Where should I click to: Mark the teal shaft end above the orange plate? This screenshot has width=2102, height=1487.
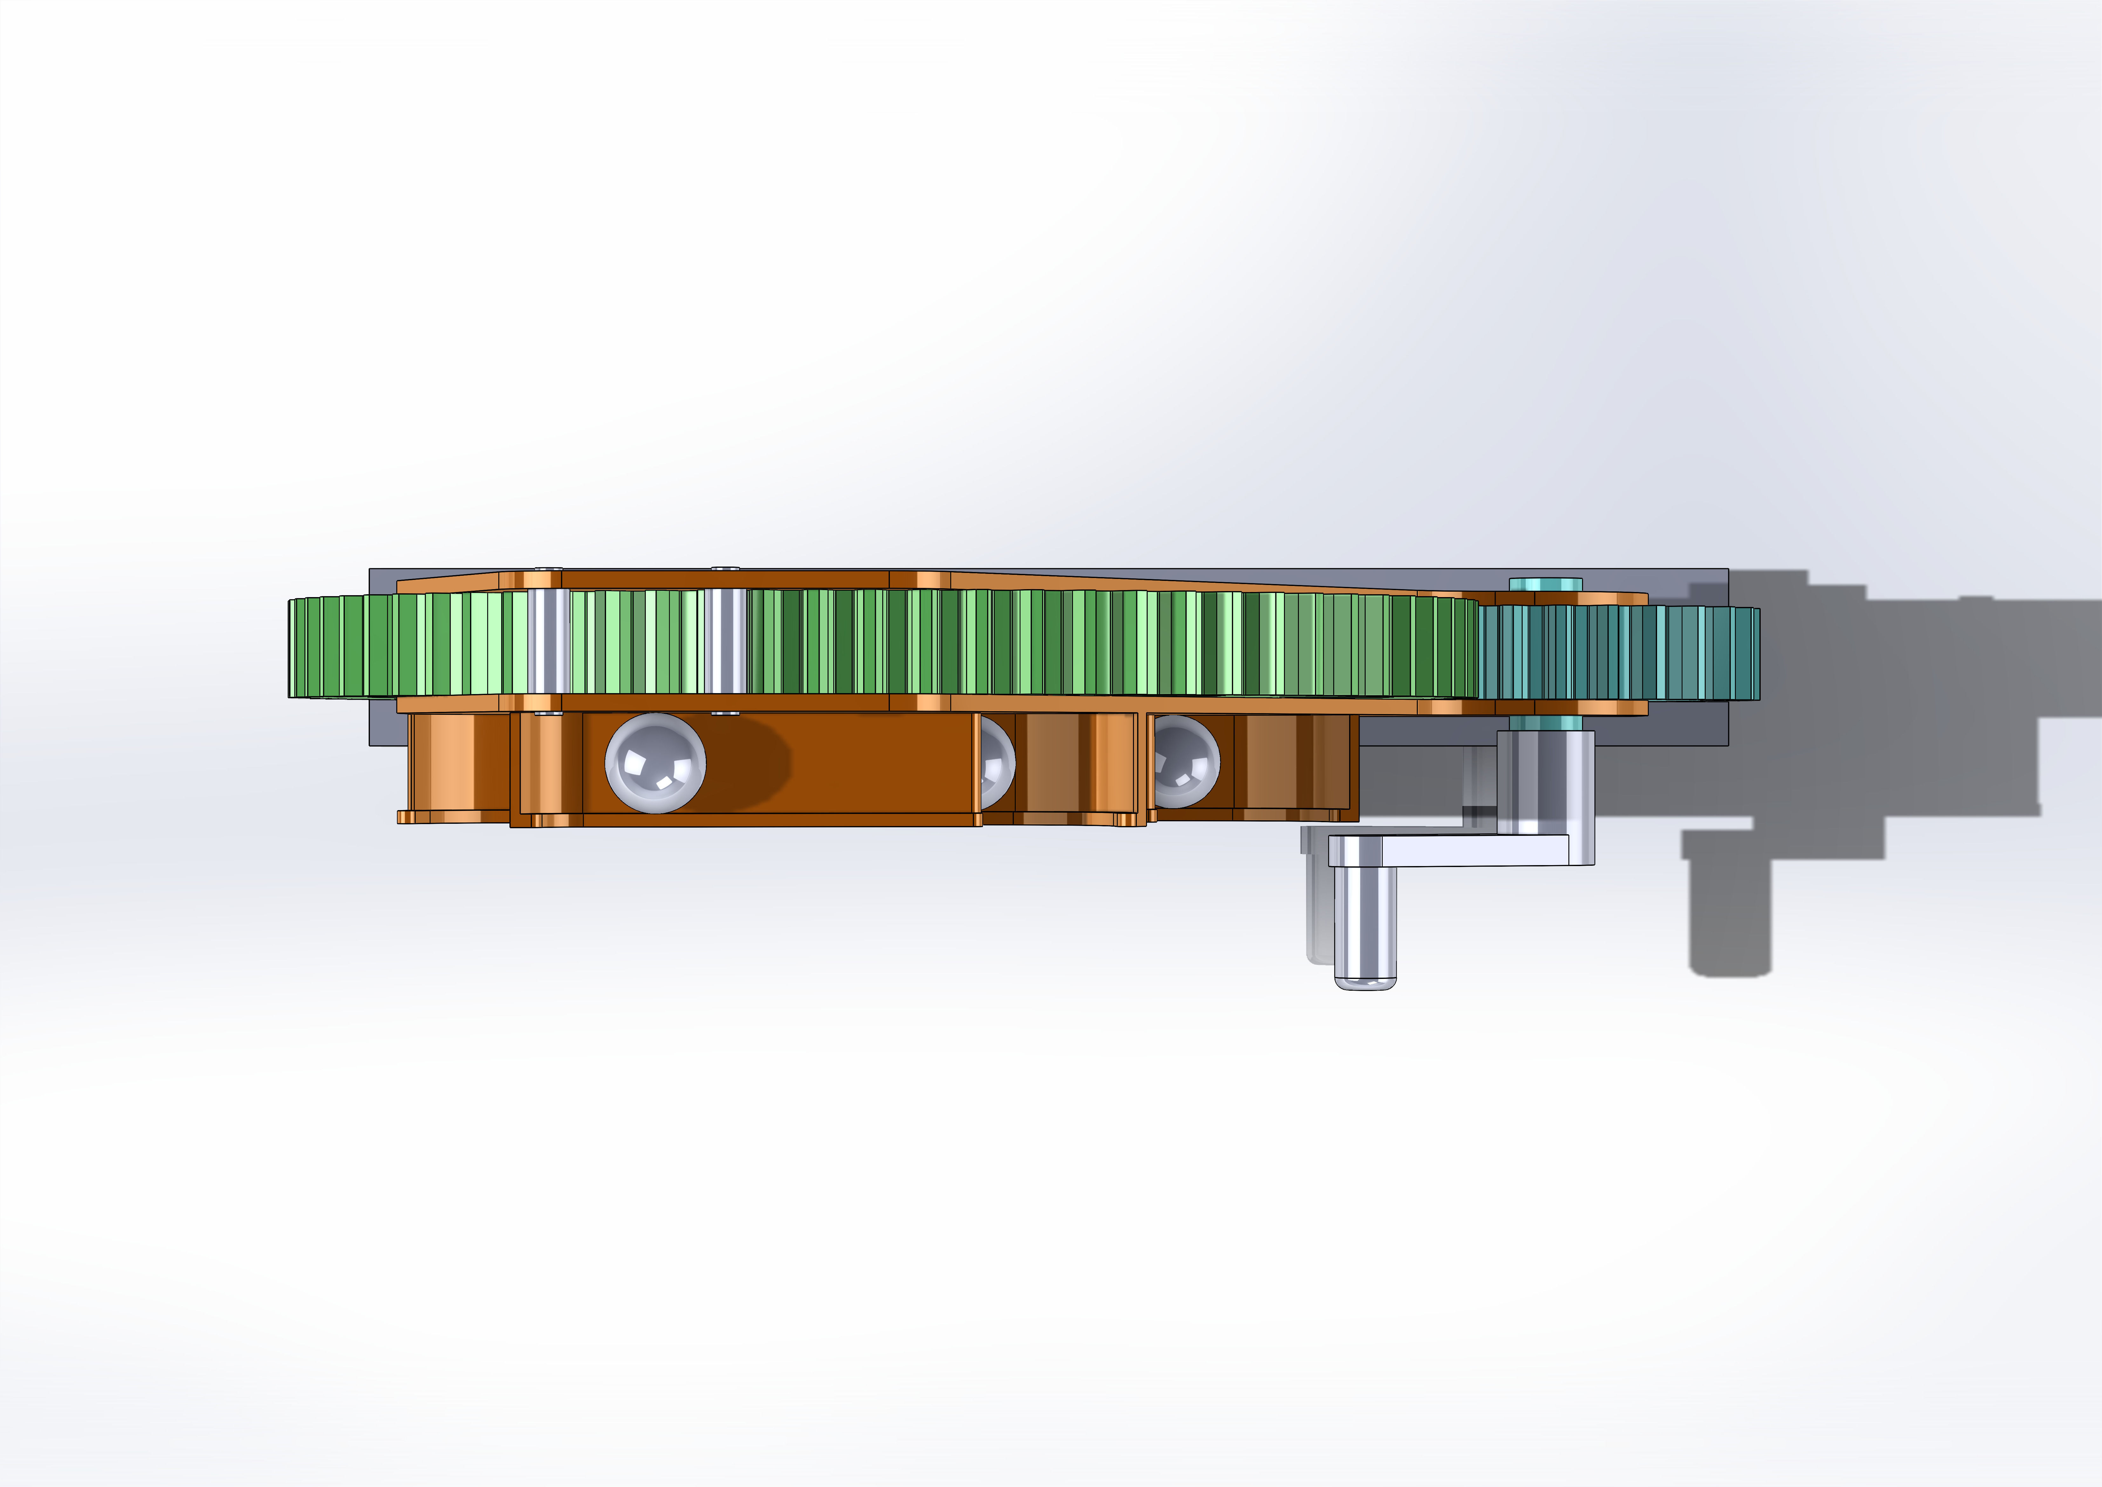click(1546, 583)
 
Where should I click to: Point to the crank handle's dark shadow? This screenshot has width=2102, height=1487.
click(1730, 916)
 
